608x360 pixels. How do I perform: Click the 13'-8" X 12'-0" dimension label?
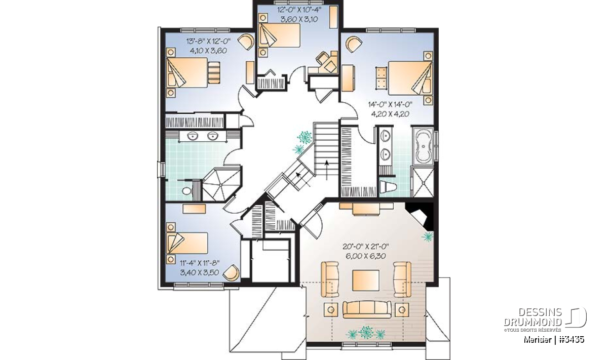[208, 41]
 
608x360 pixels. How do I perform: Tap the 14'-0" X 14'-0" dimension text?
[390, 104]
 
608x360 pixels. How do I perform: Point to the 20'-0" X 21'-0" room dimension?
[366, 247]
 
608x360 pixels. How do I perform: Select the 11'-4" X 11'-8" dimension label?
[200, 263]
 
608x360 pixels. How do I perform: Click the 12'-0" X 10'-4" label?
[299, 10]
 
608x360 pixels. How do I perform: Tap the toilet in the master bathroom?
[388, 186]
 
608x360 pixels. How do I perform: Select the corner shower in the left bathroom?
[221, 184]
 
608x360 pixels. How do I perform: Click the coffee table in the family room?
[366, 280]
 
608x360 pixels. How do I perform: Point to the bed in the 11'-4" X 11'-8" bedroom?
[187, 243]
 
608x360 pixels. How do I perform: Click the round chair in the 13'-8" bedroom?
[246, 42]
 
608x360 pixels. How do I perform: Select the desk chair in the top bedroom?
[321, 58]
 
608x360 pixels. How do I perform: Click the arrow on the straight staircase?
[327, 170]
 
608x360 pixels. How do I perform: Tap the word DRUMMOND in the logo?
[533, 322]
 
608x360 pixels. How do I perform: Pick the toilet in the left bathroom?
[187, 191]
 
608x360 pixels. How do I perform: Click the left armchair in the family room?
[330, 279]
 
